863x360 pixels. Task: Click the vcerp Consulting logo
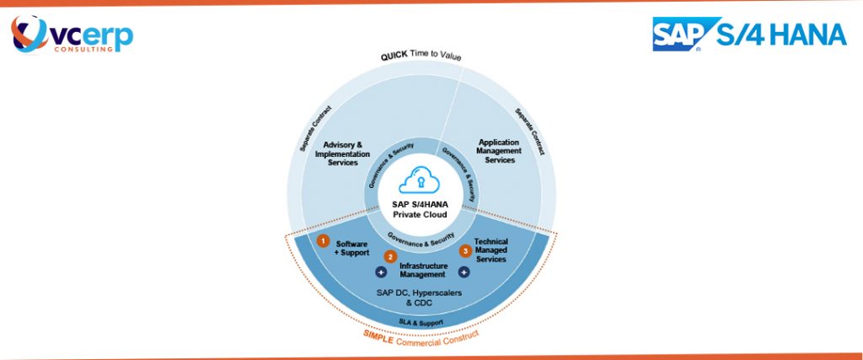click(72, 36)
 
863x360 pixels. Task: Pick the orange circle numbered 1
click(322, 240)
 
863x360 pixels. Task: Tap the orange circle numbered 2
click(389, 256)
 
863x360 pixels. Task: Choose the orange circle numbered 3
click(464, 250)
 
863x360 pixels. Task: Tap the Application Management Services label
click(500, 151)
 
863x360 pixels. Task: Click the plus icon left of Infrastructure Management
click(380, 272)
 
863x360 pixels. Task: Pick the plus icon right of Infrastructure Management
click(464, 272)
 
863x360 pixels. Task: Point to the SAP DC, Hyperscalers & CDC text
click(419, 297)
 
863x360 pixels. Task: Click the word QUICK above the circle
click(396, 57)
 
